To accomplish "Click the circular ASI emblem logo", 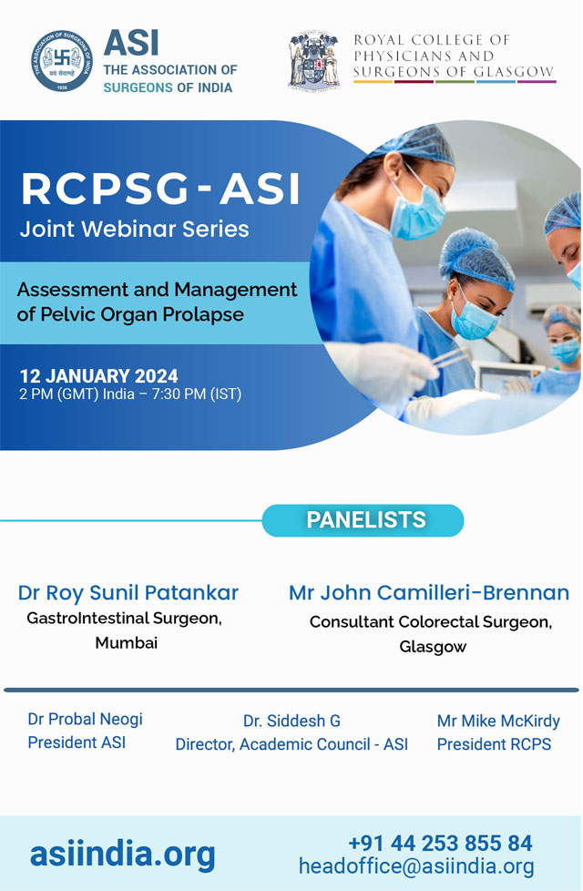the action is tap(62, 61).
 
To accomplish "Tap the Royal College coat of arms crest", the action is tap(314, 60).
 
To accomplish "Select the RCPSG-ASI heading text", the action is tap(161, 189).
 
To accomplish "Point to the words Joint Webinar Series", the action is tap(134, 229).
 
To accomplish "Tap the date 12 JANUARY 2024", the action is tap(99, 376).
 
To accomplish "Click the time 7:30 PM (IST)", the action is tap(197, 394).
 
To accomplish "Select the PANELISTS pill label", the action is tap(363, 520).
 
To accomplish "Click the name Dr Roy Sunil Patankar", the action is tap(128, 593).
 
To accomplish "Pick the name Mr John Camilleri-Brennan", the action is tap(429, 593).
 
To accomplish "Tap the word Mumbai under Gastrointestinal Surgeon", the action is tap(126, 642).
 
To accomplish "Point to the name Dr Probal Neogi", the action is tap(86, 720).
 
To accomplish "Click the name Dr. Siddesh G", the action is tap(291, 721).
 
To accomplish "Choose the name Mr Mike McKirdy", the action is tap(498, 721).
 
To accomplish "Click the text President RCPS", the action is tap(494, 743).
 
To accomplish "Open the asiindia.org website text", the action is tap(123, 854).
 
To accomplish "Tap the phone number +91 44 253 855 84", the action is tap(440, 844).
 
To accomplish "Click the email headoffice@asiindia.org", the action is tap(416, 866).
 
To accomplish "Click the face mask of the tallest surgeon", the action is tap(417, 211).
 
